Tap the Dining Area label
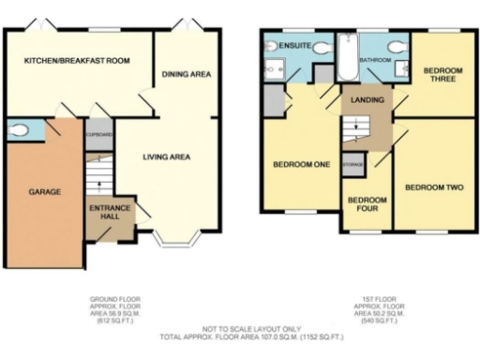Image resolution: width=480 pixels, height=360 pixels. tap(186, 73)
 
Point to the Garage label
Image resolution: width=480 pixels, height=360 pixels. tap(44, 191)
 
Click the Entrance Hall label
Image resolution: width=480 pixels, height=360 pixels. tap(110, 212)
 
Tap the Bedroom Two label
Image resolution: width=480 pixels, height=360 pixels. tap(434, 187)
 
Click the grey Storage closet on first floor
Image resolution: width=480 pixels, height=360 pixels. tap(352, 165)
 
